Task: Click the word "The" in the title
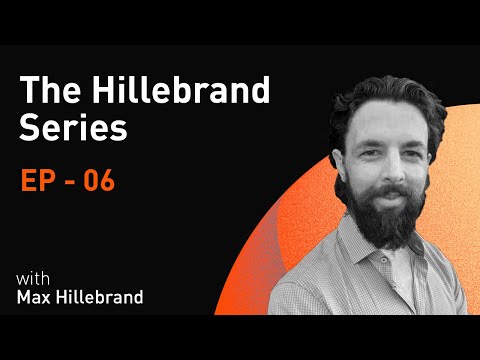coord(47,93)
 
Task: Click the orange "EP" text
coord(39,182)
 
